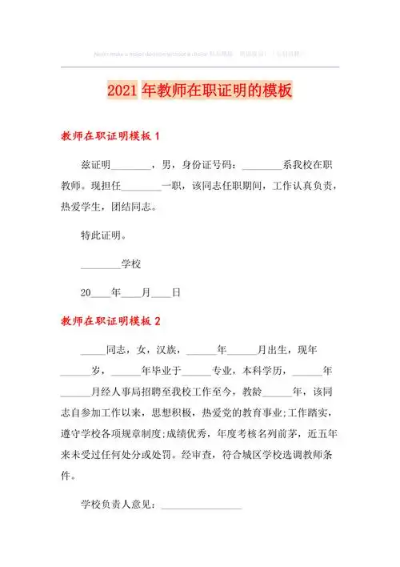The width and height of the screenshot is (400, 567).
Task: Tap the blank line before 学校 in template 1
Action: click(100, 265)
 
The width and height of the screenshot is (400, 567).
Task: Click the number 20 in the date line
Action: click(86, 292)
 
